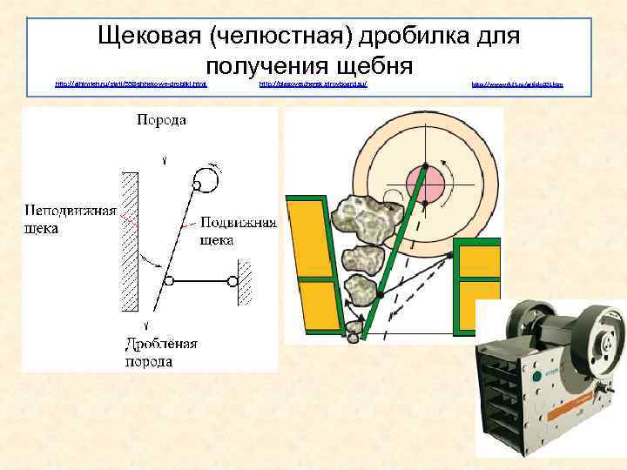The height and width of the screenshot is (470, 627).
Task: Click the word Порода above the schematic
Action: coord(160,119)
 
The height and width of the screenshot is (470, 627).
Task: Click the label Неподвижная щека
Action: coord(71,219)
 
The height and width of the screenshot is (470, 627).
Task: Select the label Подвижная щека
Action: coord(238,231)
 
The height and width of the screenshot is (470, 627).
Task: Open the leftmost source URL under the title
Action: coord(131,84)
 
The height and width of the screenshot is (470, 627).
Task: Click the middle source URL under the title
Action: coord(314,84)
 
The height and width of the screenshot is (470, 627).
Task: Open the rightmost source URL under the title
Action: coord(517,84)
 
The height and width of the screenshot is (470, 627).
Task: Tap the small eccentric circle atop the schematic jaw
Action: coord(207,180)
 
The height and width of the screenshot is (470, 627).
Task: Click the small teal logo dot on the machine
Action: coord(549,375)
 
